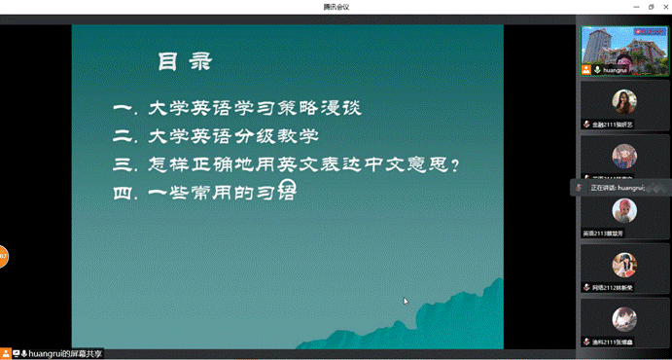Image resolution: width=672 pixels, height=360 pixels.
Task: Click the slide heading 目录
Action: (x=185, y=62)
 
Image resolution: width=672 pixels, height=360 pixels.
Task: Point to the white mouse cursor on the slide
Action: (x=406, y=301)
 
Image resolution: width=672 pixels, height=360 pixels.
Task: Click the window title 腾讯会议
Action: (x=336, y=7)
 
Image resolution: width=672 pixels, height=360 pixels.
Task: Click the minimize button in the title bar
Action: (x=637, y=7)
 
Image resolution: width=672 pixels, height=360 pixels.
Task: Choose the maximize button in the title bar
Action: (x=651, y=7)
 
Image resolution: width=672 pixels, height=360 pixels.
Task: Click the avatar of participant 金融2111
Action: (x=623, y=100)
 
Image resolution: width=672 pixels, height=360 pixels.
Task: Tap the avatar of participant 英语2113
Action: (x=623, y=209)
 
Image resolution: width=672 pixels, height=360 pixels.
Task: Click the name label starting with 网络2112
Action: (x=612, y=288)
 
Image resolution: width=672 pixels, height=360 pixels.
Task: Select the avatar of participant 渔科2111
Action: (x=623, y=318)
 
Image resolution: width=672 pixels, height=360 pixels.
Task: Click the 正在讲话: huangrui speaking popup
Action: (x=619, y=187)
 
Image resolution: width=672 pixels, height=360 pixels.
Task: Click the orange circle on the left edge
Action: (x=3, y=257)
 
